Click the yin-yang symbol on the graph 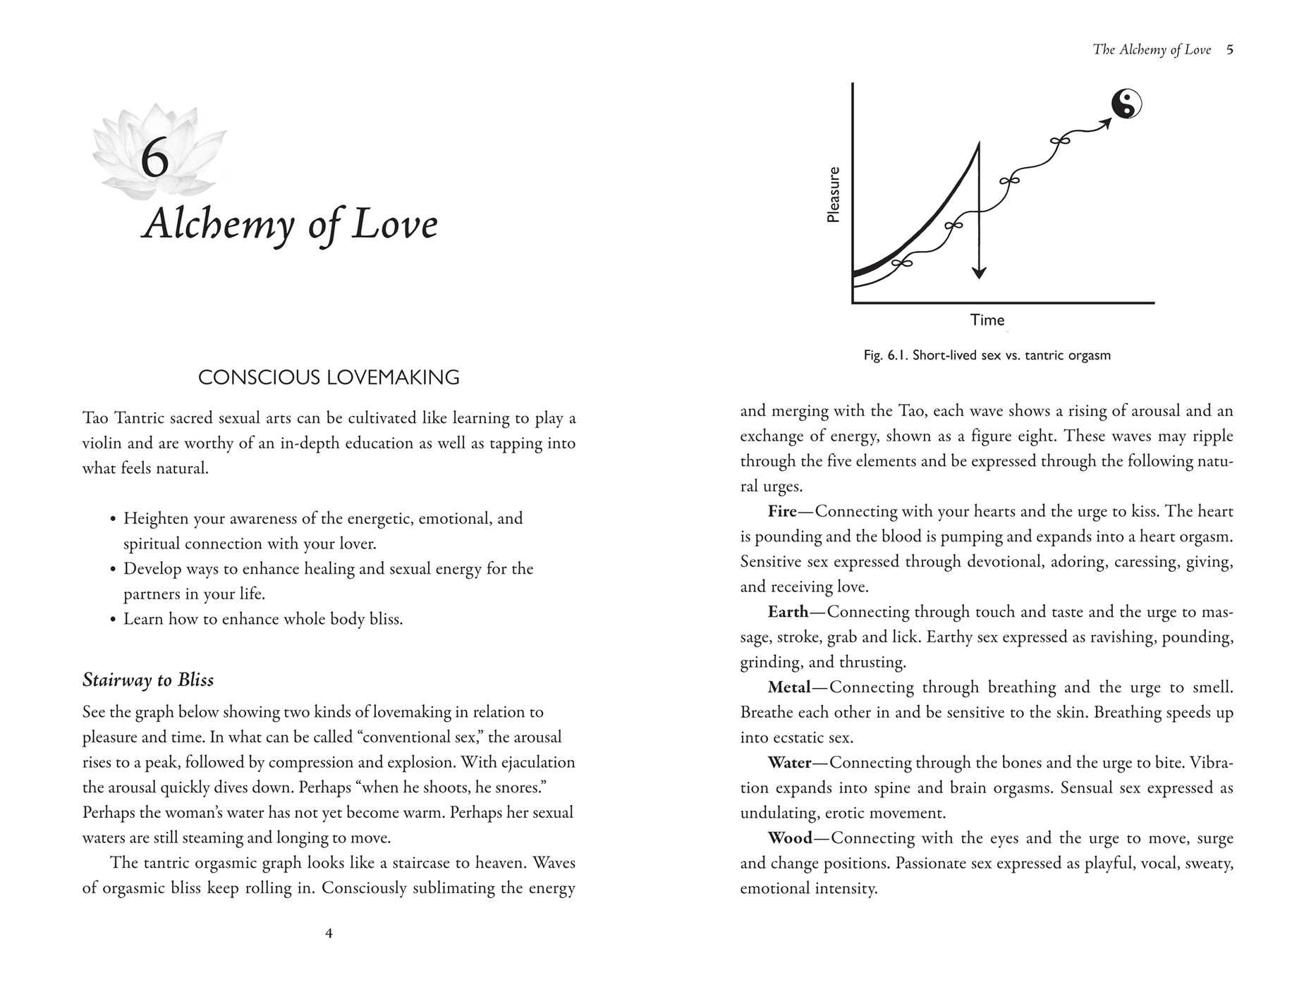click(1126, 104)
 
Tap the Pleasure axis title click(834, 195)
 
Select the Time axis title click(987, 320)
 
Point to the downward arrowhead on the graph click(978, 272)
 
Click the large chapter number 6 click(154, 159)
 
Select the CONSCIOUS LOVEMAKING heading click(329, 378)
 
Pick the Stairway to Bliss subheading click(148, 680)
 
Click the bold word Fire click(782, 511)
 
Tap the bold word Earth click(788, 612)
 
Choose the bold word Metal click(789, 687)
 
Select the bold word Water click(789, 763)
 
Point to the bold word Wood click(790, 838)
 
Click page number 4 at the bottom click(329, 933)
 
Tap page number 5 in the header click(1230, 49)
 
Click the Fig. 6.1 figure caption click(987, 355)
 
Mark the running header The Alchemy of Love click(1151, 49)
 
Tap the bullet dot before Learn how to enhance click(113, 620)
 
